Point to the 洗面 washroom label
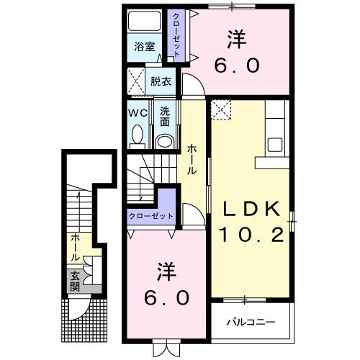165,116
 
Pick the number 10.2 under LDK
251,234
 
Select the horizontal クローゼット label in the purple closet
150,216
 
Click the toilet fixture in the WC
138,135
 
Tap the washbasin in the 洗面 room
165,139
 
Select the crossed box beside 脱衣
136,81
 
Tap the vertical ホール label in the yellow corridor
194,160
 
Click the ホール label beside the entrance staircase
75,247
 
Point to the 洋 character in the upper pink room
235,36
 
